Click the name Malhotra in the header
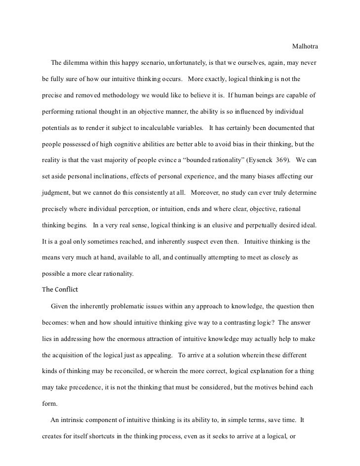[305, 47]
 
